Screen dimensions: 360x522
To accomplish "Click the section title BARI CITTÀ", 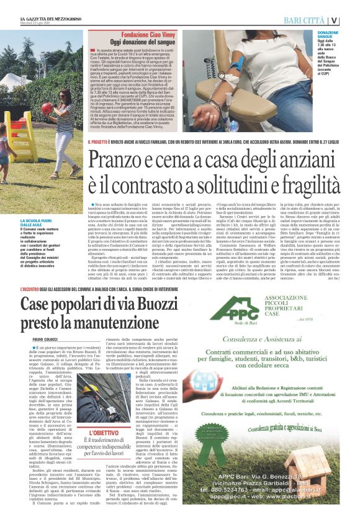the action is pyautogui.click(x=307, y=20).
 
